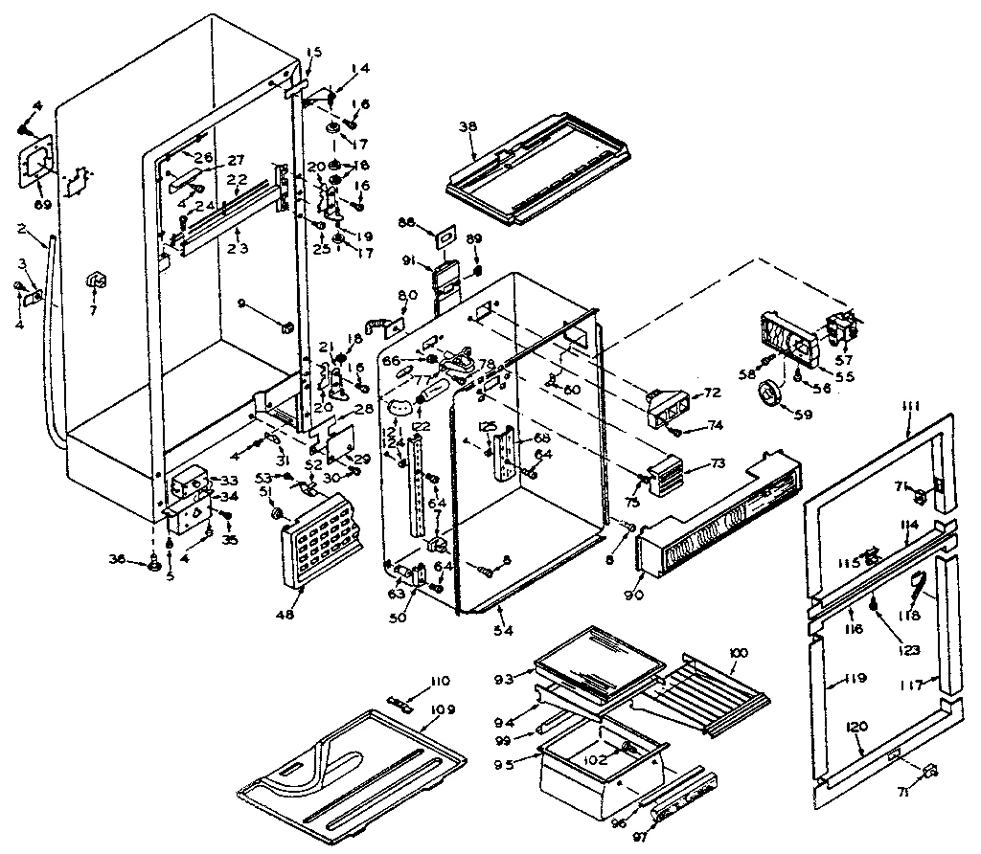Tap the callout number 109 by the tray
443,709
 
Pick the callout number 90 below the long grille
633,596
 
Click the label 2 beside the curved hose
20,230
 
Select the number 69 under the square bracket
42,205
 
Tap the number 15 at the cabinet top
315,52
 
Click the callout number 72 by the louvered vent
712,393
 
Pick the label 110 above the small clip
440,681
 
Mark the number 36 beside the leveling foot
116,560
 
